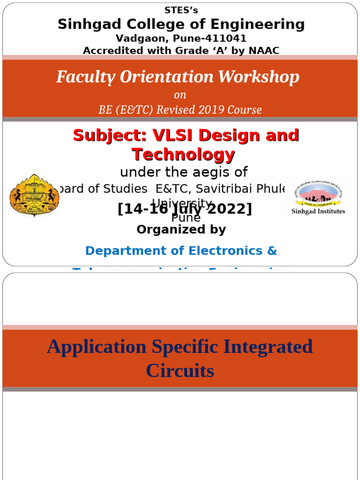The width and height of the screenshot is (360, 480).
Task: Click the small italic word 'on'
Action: pyautogui.click(x=180, y=95)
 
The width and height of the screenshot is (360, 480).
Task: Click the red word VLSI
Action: pyautogui.click(x=173, y=135)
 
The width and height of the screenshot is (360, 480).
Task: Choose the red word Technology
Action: pyautogui.click(x=183, y=154)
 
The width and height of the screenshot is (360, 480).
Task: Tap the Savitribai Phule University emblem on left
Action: pyautogui.click(x=34, y=195)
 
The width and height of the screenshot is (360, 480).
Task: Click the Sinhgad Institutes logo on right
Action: pyautogui.click(x=318, y=197)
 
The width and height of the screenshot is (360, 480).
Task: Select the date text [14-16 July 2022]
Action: pyautogui.click(x=185, y=209)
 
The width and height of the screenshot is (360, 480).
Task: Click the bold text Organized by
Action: pyautogui.click(x=181, y=230)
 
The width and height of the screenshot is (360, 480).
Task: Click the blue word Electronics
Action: pyautogui.click(x=225, y=251)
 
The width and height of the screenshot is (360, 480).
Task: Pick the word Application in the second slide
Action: pyautogui.click(x=97, y=347)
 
